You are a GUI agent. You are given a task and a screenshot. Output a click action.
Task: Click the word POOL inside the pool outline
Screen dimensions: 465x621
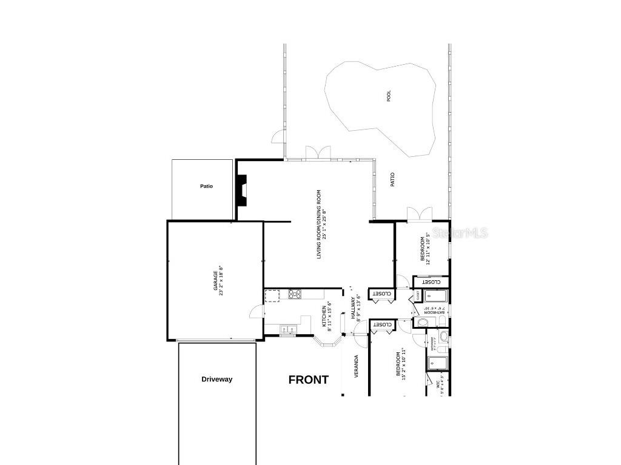(x=389, y=96)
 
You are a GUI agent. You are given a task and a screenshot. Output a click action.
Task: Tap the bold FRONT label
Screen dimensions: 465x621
(x=308, y=380)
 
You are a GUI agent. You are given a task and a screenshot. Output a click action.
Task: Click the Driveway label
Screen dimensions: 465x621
(x=217, y=380)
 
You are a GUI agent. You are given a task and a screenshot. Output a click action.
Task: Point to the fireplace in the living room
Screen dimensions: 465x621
(x=243, y=190)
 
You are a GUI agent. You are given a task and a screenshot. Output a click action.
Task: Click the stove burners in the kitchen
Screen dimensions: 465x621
(x=295, y=295)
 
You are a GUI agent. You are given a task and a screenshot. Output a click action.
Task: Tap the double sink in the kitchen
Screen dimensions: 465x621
(x=287, y=329)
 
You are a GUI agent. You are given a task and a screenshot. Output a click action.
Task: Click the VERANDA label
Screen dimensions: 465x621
(x=356, y=366)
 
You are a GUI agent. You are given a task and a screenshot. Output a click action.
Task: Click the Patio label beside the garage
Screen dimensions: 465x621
(x=207, y=186)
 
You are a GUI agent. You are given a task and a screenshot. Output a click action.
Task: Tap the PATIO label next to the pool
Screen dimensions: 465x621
(x=392, y=180)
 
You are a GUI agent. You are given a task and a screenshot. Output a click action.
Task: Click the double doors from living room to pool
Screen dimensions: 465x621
(x=317, y=153)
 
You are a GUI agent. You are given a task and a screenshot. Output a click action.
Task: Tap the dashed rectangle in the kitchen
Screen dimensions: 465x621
(x=272, y=295)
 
